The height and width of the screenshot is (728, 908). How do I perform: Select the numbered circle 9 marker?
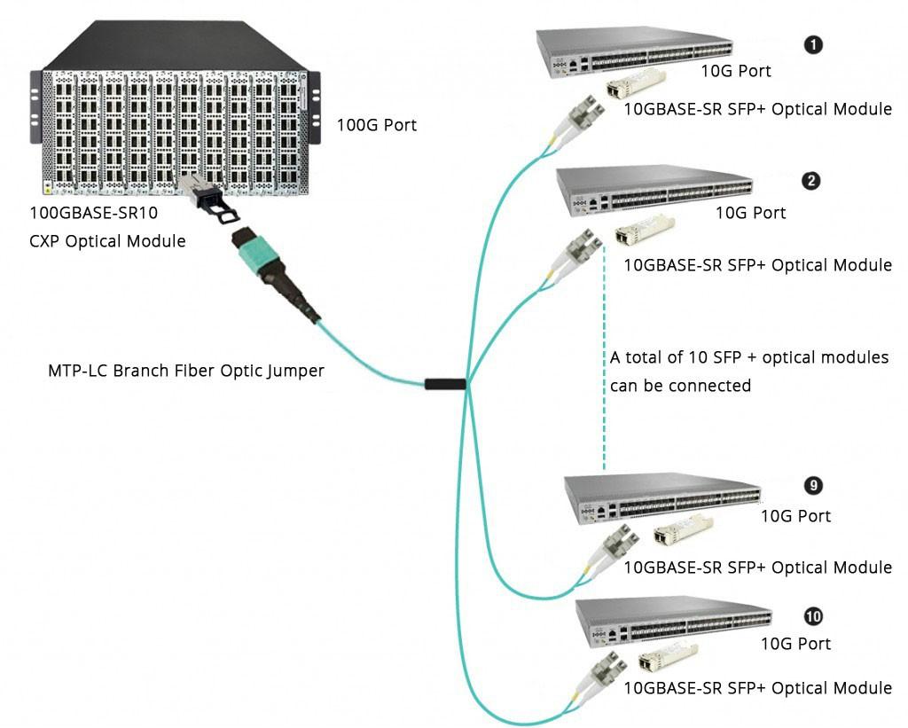pos(811,485)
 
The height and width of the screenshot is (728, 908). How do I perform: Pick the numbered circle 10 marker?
pos(812,615)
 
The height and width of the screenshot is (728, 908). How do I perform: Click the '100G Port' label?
pos(376,125)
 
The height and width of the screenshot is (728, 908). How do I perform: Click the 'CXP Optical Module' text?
pos(107,240)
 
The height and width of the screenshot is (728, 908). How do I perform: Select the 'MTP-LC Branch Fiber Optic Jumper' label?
pos(185,370)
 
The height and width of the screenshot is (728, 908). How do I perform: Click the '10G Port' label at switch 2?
pos(750,213)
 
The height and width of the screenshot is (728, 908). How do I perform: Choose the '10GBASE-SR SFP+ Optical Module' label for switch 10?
pos(757,688)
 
